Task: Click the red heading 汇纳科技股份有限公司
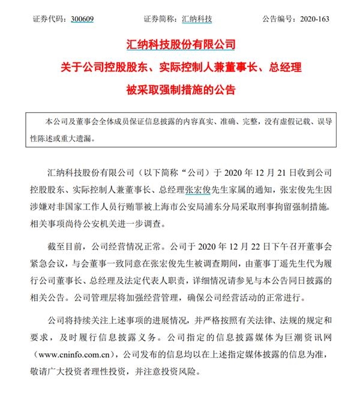tap(179, 44)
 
